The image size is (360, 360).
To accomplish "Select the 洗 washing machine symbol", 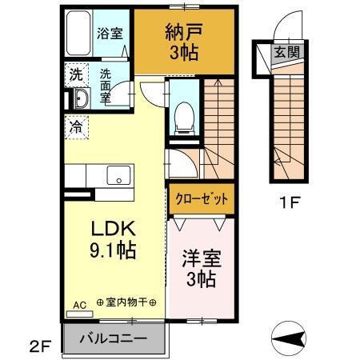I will (x=74, y=76).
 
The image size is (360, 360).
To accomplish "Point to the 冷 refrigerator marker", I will (x=75, y=125).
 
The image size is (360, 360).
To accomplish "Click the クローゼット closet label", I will (x=200, y=198).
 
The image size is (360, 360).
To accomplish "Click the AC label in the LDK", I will (x=79, y=305).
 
